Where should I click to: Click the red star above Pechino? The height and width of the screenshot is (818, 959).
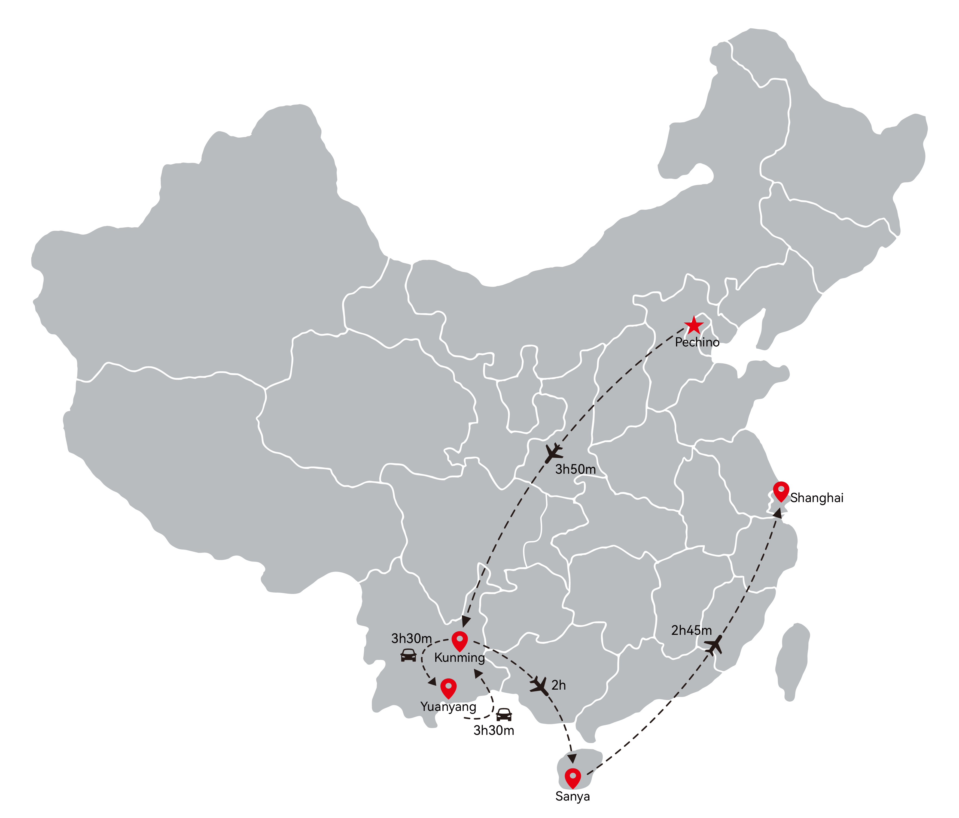pyautogui.click(x=693, y=326)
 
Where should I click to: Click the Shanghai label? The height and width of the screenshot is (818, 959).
pyautogui.click(x=817, y=498)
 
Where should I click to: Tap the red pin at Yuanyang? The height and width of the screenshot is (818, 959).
pyautogui.click(x=448, y=689)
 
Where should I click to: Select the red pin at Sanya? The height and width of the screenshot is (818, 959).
pyautogui.click(x=573, y=779)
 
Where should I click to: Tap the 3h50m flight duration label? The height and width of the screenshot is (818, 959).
pyautogui.click(x=575, y=469)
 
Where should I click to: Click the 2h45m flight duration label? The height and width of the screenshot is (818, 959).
pyautogui.click(x=692, y=630)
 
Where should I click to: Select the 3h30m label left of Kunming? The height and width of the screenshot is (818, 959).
pyautogui.click(x=412, y=638)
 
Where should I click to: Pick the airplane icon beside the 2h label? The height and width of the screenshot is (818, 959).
pyautogui.click(x=540, y=686)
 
